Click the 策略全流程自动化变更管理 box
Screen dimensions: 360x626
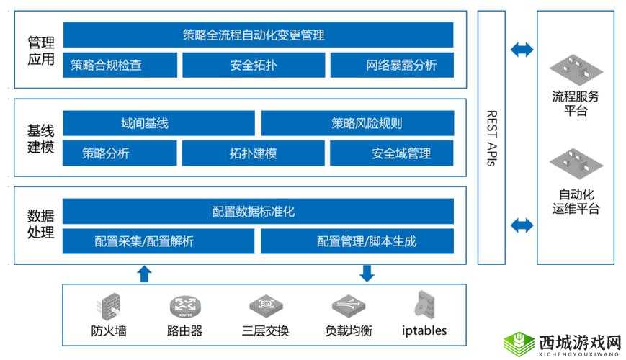point(258,35)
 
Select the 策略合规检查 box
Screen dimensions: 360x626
point(120,65)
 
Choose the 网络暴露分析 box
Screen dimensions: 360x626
point(393,65)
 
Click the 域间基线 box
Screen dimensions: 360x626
point(158,123)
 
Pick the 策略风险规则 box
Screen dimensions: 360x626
point(357,123)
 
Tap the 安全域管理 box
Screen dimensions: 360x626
point(392,153)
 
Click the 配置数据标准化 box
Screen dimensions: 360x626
point(258,212)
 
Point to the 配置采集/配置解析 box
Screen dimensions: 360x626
point(158,241)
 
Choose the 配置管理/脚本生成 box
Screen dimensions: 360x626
point(357,241)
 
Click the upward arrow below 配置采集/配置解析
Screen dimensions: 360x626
point(144,273)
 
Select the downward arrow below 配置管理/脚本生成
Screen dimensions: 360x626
point(367,273)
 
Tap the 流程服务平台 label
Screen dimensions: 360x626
point(576,104)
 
